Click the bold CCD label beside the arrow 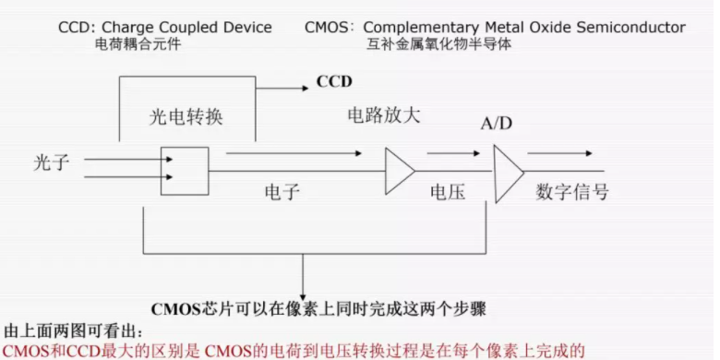click(x=334, y=81)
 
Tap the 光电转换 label click(x=187, y=118)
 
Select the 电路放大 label click(x=384, y=115)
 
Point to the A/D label click(x=498, y=125)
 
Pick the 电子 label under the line click(x=282, y=192)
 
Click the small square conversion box click(x=185, y=171)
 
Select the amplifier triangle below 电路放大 click(x=399, y=171)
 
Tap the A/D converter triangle click(x=507, y=171)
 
